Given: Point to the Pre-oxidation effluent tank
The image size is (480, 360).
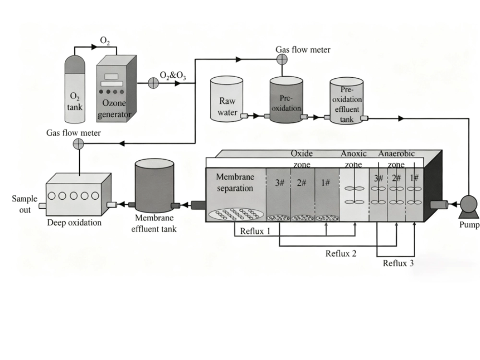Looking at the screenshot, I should pos(347,103).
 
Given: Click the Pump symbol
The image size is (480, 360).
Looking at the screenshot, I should pos(466,205).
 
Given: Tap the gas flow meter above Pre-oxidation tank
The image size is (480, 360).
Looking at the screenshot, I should pos(282,59).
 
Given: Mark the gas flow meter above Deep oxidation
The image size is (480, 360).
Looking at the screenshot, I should pos(78,143).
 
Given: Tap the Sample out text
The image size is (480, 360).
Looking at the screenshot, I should pos(24,204).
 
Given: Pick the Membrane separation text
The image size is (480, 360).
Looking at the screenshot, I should pos(235,182).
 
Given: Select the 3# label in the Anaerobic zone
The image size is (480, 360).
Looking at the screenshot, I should pos(379,178).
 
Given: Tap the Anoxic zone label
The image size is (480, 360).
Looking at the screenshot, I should pos(354,159).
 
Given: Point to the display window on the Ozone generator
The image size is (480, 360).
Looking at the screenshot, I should pos(112,77).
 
